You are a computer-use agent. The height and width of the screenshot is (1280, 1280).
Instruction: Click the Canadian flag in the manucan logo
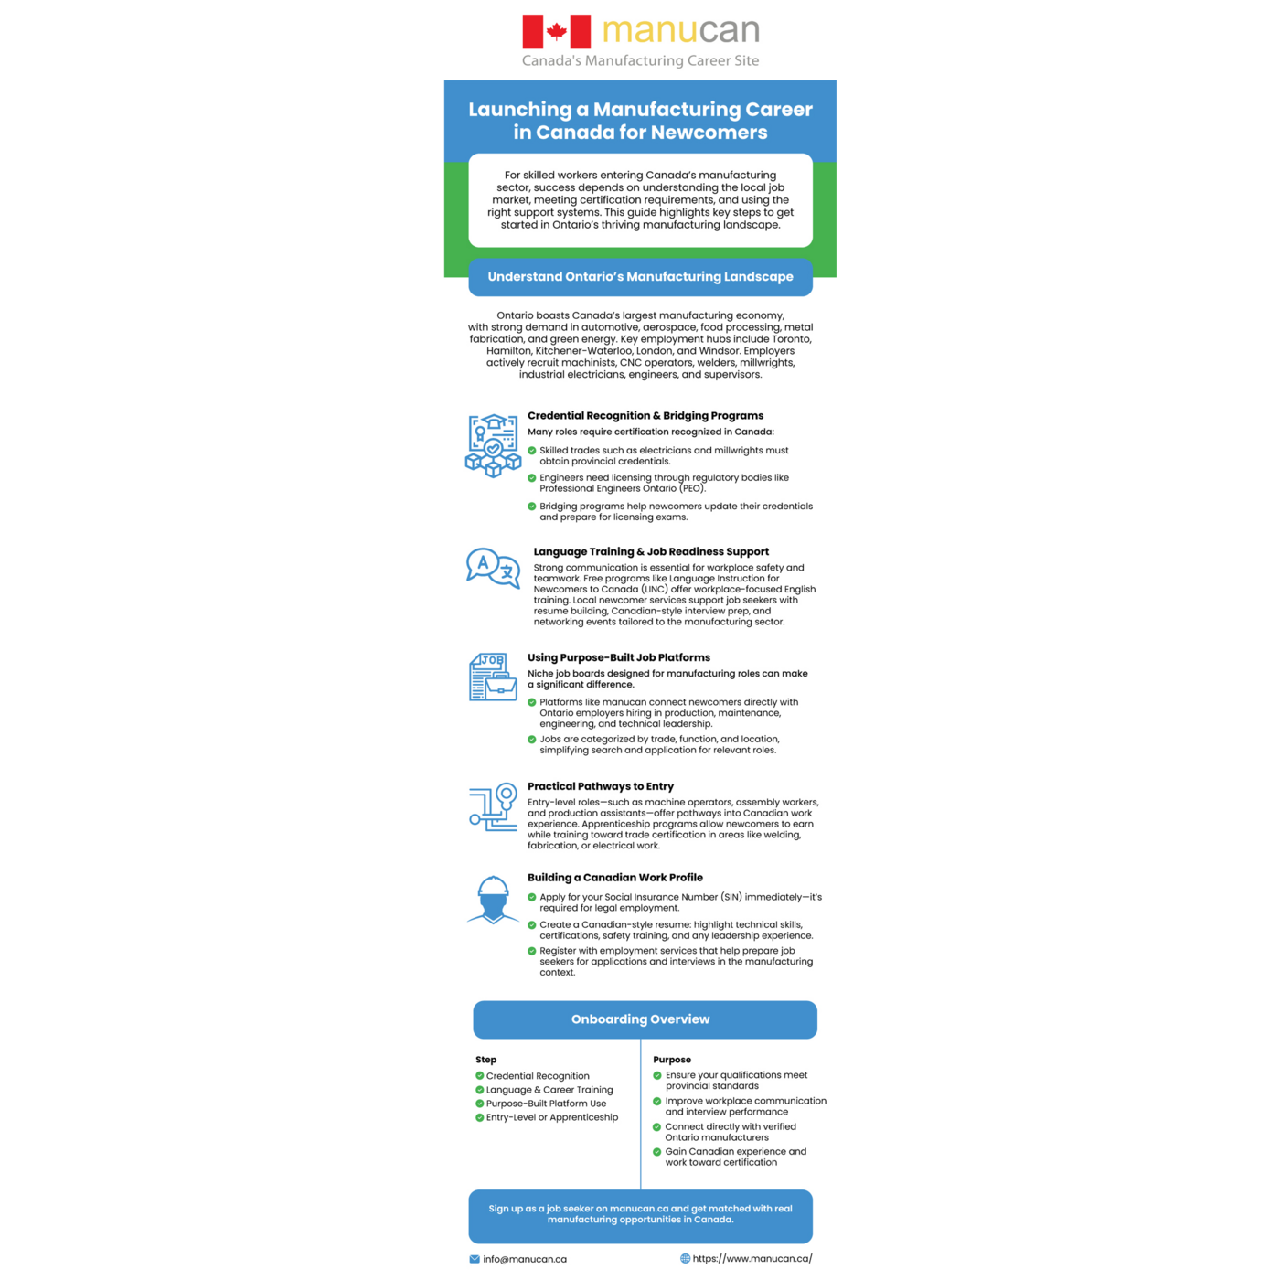click(556, 32)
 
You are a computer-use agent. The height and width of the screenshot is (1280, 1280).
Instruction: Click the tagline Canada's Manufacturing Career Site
click(640, 60)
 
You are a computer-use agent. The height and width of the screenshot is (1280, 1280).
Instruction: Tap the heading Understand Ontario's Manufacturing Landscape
click(640, 277)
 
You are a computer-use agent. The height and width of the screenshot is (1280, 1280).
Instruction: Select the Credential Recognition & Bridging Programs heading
click(645, 416)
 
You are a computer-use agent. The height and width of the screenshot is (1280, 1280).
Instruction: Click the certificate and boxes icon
click(493, 446)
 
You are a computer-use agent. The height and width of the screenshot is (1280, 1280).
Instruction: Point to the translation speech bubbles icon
click(493, 567)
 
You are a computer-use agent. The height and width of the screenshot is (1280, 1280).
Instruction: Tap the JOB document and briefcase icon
click(493, 677)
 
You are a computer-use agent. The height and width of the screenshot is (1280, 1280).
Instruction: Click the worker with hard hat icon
click(493, 900)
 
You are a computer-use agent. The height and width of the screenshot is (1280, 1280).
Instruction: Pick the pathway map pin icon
click(494, 806)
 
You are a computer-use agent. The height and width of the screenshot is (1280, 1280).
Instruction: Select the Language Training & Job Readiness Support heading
click(651, 552)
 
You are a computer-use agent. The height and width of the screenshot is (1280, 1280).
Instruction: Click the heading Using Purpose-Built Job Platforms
click(619, 658)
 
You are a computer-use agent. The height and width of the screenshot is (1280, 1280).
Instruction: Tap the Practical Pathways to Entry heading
click(601, 786)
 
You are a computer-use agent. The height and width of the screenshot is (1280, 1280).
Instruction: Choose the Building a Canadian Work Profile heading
click(615, 878)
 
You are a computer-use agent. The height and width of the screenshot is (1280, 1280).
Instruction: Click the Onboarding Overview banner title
click(640, 1019)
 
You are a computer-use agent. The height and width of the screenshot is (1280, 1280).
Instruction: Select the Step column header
click(485, 1060)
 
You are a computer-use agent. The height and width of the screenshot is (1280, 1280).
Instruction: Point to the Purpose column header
click(672, 1060)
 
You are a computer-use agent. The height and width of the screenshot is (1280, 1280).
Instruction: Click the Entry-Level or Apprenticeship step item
click(552, 1117)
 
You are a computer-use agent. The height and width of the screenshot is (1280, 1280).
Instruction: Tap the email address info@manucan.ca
click(525, 1259)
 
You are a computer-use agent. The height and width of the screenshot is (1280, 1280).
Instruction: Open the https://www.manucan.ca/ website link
click(752, 1258)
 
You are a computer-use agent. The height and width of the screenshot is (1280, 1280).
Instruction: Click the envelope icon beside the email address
click(475, 1259)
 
